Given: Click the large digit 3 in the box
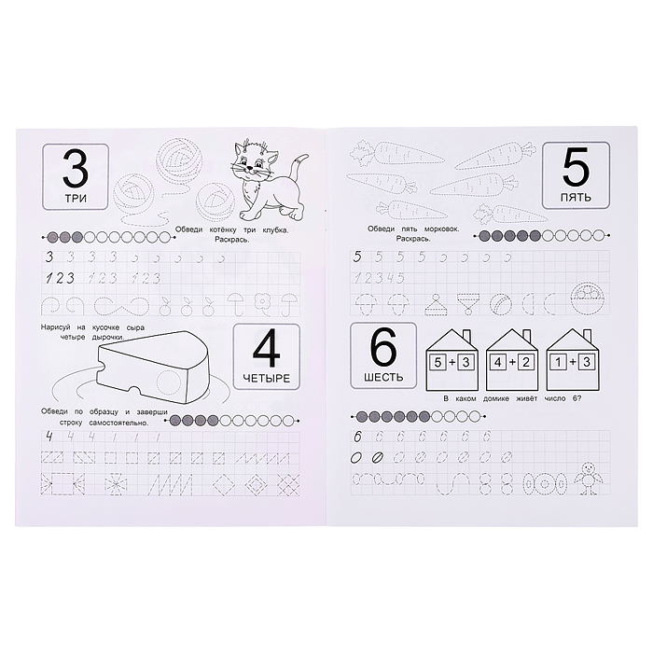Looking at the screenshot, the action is pyautogui.click(x=76, y=170).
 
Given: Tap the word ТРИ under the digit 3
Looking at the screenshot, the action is pyautogui.click(x=76, y=198).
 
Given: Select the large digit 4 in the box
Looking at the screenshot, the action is pyautogui.click(x=267, y=350).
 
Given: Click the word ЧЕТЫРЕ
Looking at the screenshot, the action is pyautogui.click(x=267, y=378).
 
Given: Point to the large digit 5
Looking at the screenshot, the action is pyautogui.click(x=576, y=167).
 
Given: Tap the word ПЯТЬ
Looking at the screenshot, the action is pyautogui.click(x=576, y=197).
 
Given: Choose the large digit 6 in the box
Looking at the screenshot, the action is pyautogui.click(x=383, y=347).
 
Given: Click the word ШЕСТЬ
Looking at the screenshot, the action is pyautogui.click(x=383, y=377).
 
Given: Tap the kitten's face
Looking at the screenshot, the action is pyautogui.click(x=252, y=160).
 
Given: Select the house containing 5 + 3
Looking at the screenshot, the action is pyautogui.click(x=452, y=359).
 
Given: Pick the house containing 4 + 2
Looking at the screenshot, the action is pyautogui.click(x=512, y=359).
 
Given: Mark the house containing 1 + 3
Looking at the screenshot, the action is pyautogui.click(x=572, y=359).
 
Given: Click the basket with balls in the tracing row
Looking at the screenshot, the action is pyautogui.click(x=588, y=299).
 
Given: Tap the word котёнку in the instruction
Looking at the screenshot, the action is pyautogui.click(x=220, y=229).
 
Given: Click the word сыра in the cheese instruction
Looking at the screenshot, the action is pyautogui.click(x=135, y=327).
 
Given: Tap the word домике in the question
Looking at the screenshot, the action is pyautogui.click(x=496, y=398).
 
